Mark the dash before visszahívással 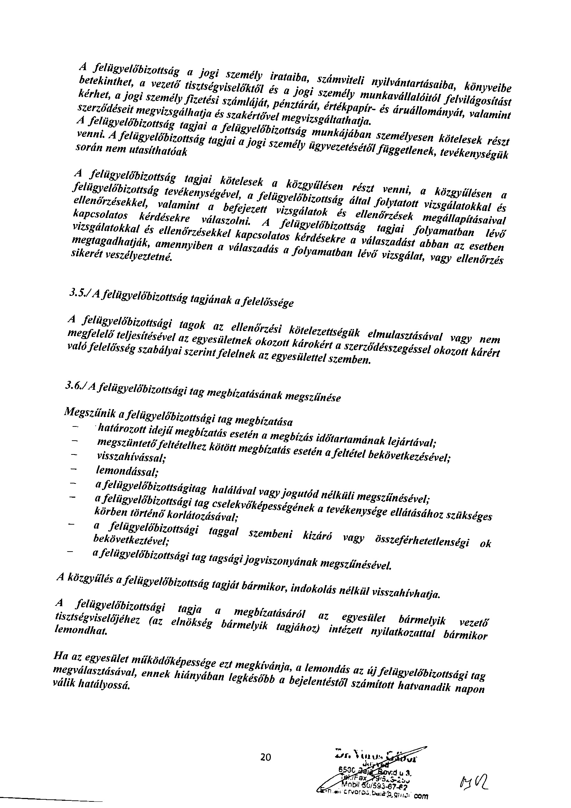click(x=74, y=455)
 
